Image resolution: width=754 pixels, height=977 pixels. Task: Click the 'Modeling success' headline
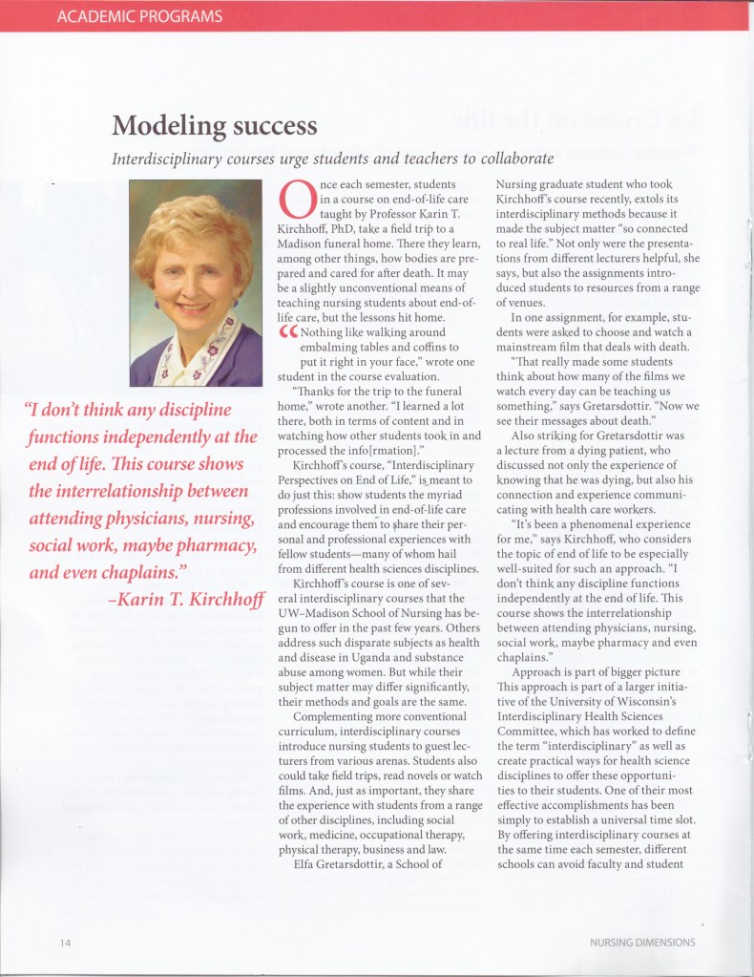[214, 125]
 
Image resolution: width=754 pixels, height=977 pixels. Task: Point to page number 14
[64, 942]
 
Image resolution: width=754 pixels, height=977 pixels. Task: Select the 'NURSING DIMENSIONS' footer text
[642, 942]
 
